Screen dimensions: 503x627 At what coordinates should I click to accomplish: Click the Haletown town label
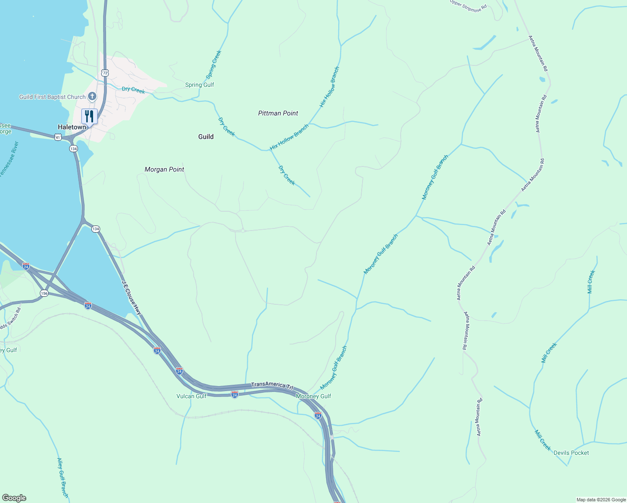tap(72, 127)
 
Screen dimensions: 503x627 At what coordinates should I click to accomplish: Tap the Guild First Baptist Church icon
tap(92, 97)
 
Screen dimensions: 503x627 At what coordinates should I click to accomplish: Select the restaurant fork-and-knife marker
tap(89, 116)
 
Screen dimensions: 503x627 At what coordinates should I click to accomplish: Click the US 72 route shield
tap(105, 73)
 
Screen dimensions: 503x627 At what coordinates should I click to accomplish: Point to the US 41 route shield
tap(58, 137)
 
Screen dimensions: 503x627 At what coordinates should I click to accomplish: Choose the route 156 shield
tap(44, 293)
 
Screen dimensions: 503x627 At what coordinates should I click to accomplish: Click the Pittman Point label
tap(278, 113)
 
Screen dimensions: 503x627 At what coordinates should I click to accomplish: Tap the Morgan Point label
tap(164, 169)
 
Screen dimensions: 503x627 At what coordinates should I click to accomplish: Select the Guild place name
tap(206, 137)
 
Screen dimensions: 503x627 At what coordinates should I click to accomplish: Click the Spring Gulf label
tap(199, 85)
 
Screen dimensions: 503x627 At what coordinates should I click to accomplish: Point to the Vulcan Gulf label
tap(192, 396)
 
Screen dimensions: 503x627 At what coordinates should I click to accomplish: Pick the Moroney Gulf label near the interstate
tap(313, 396)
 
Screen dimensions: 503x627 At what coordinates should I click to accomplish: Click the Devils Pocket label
tap(571, 453)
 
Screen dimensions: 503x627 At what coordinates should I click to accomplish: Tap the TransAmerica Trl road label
tap(272, 385)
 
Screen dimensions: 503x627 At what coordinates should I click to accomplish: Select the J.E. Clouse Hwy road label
tap(132, 297)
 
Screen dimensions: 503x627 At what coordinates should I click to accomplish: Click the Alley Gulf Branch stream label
tap(62, 477)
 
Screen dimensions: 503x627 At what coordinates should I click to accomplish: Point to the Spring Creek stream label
tap(213, 65)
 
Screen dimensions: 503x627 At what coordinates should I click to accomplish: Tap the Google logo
tap(14, 498)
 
